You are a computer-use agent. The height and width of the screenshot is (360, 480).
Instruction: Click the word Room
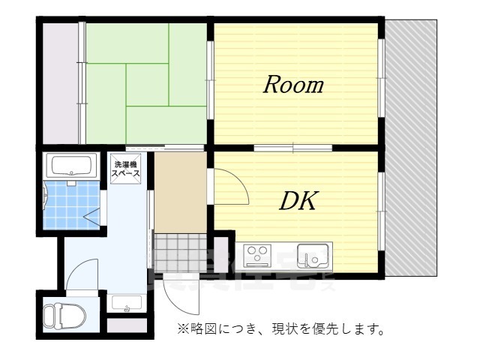(x=292, y=85)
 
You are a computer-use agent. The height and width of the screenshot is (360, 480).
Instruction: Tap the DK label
(x=300, y=200)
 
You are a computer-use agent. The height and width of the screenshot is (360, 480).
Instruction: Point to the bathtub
(x=70, y=165)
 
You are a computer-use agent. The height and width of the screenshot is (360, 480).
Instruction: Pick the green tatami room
(x=142, y=82)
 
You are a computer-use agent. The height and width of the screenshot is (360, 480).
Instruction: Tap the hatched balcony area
(x=410, y=150)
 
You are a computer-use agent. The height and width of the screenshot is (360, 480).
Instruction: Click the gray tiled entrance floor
(x=180, y=251)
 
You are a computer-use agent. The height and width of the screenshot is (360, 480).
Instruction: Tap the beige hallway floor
(x=180, y=191)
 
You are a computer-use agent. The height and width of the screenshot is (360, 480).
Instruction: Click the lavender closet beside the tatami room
(x=58, y=82)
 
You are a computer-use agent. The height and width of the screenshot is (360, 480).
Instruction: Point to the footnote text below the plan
(x=281, y=328)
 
